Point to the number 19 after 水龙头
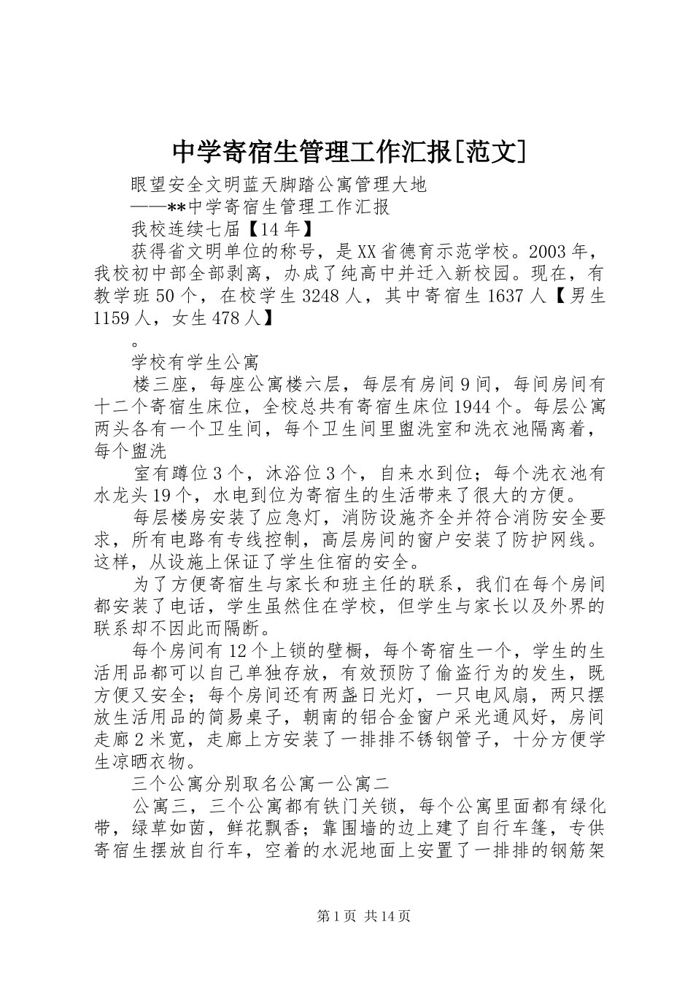(163, 496)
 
